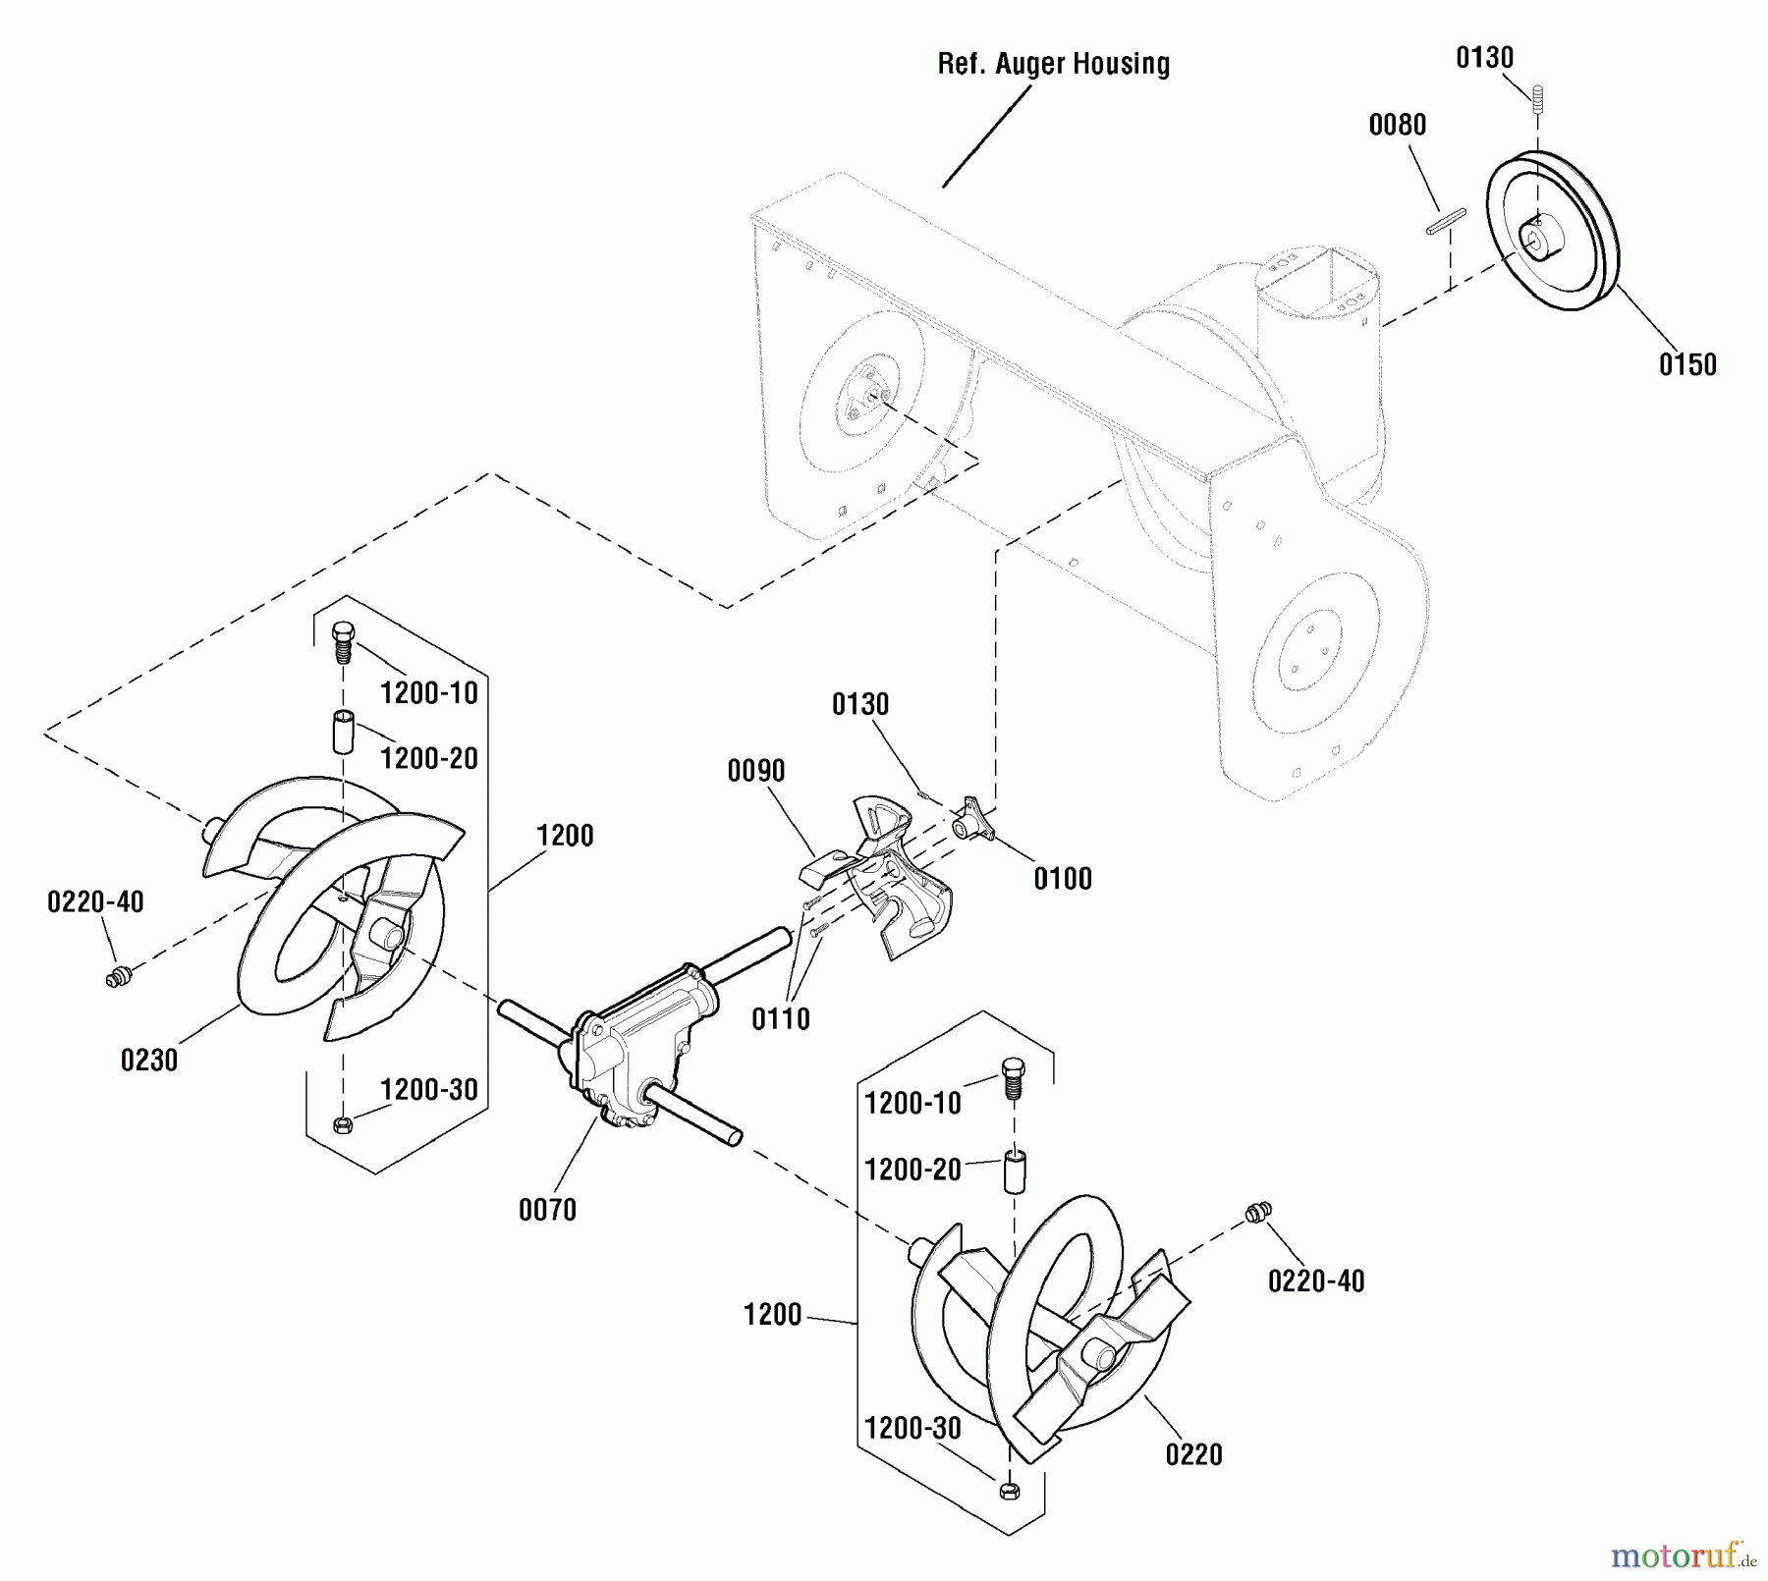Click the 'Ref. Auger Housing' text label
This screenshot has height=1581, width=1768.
tap(1053, 65)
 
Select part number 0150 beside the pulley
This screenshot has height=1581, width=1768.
tap(1687, 365)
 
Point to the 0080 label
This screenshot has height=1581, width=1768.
tap(1397, 125)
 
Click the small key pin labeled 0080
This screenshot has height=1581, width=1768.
tap(1445, 221)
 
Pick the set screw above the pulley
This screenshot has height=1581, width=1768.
tap(1537, 98)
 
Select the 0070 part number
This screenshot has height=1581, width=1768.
tap(547, 1210)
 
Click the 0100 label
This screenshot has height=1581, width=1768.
tap(1063, 879)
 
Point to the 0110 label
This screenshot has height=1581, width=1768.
tap(781, 1019)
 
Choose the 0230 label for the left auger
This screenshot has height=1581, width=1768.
tap(149, 1061)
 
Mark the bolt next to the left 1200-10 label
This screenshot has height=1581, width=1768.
tap(343, 641)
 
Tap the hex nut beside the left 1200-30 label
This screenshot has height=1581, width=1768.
tap(343, 1124)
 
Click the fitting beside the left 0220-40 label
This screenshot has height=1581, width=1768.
tap(119, 977)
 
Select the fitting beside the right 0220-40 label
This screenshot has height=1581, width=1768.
tap(1257, 1213)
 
